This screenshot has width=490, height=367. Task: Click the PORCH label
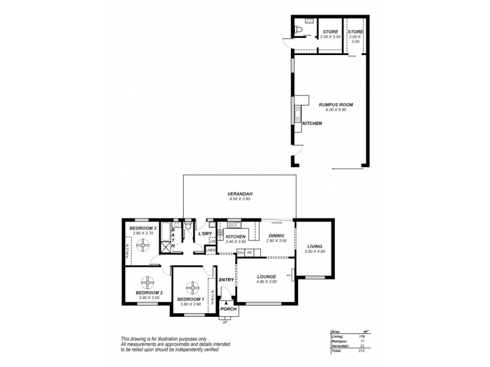point(228,310)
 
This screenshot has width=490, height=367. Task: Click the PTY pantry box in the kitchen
point(241,252)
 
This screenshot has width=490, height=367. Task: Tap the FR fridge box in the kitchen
point(249,252)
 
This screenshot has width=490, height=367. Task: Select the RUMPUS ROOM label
point(336,105)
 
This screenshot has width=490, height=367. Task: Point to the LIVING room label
point(314,247)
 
